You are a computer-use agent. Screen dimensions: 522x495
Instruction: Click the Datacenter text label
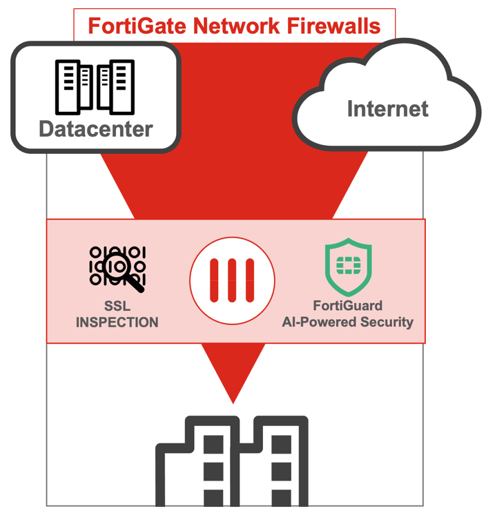(96, 128)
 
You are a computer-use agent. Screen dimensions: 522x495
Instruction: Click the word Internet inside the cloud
(387, 108)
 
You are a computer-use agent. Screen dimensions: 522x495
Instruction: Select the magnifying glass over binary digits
(117, 267)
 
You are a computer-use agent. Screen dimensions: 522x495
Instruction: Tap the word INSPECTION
(117, 322)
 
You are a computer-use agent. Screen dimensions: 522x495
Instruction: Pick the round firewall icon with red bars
(233, 281)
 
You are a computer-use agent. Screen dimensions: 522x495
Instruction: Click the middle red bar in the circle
(233, 281)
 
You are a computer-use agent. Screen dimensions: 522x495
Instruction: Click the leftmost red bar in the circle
(215, 281)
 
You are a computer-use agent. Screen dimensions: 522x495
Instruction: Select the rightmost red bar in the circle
(250, 281)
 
